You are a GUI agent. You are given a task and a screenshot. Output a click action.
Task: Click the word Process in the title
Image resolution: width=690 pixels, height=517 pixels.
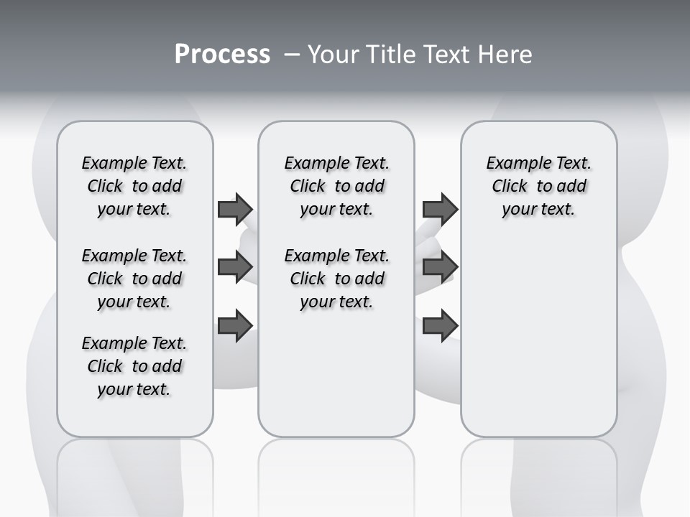[x=222, y=55]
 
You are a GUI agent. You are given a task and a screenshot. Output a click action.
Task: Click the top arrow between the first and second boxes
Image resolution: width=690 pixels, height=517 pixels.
[x=235, y=209]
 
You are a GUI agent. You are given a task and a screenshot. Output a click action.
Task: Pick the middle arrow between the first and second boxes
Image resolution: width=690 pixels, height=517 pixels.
[x=235, y=267]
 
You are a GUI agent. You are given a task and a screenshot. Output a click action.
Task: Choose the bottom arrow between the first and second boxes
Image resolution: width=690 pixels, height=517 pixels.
[x=235, y=325]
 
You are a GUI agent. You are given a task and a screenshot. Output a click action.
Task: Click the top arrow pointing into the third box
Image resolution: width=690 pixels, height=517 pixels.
[x=440, y=209]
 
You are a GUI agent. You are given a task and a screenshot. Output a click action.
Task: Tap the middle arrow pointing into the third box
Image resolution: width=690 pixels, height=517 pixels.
[x=440, y=267]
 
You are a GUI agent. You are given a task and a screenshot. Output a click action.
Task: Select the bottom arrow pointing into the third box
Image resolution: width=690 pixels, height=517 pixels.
[x=440, y=325]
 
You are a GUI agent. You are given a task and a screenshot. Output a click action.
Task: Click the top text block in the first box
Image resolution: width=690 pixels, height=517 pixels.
[x=134, y=186]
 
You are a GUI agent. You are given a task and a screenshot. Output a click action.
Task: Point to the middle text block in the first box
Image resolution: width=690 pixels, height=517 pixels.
[x=134, y=279]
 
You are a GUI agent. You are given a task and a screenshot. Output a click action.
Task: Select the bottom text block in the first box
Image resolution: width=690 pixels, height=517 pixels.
[x=134, y=366]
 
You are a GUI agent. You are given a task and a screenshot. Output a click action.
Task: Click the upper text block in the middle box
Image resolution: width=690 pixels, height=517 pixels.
[x=336, y=186]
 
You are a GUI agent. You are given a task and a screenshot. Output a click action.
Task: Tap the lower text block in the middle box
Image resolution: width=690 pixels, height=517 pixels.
[x=336, y=279]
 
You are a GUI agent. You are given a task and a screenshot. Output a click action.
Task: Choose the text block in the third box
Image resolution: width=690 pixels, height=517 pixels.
[x=539, y=186]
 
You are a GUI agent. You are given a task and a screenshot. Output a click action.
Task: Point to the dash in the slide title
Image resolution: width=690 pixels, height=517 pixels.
[x=292, y=55]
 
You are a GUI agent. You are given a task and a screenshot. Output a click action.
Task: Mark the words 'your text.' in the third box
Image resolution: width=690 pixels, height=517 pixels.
[x=539, y=210]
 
